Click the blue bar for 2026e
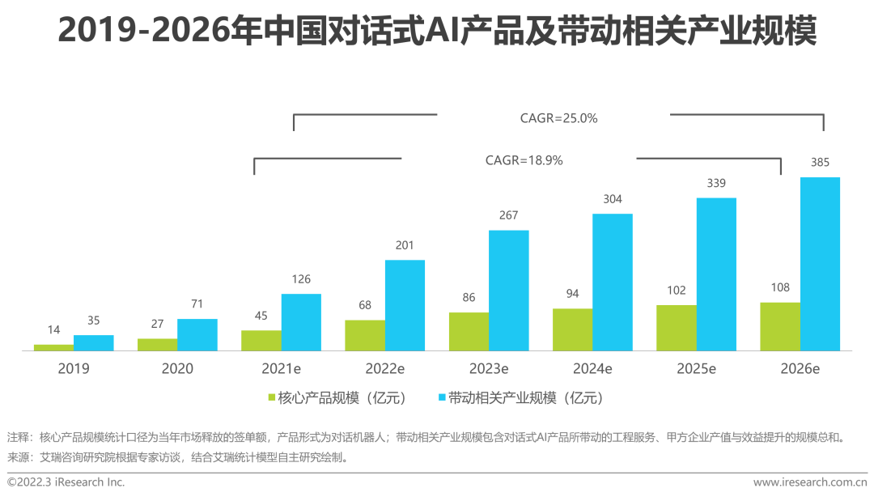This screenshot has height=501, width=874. [x=820, y=264]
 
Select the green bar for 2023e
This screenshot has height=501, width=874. [x=469, y=331]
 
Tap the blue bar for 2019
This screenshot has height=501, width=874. [x=94, y=342]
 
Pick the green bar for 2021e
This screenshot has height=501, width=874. [x=261, y=340]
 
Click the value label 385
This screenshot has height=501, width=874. [x=820, y=163]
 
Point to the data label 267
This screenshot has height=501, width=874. [x=508, y=215]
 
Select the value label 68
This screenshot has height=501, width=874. [x=365, y=305]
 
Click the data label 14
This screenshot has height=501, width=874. [x=53, y=330]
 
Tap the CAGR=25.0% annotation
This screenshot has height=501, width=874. [x=558, y=118]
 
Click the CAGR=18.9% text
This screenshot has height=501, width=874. [x=524, y=160]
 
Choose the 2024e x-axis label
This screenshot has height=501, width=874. [x=592, y=369]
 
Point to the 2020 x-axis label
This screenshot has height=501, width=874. [x=177, y=369]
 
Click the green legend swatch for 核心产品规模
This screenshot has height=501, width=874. [x=271, y=398]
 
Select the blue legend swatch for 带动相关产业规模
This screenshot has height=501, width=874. [x=441, y=398]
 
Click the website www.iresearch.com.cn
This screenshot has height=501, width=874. [x=810, y=482]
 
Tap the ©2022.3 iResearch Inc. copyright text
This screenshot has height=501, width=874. [x=66, y=482]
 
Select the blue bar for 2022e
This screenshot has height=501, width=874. [x=405, y=305]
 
